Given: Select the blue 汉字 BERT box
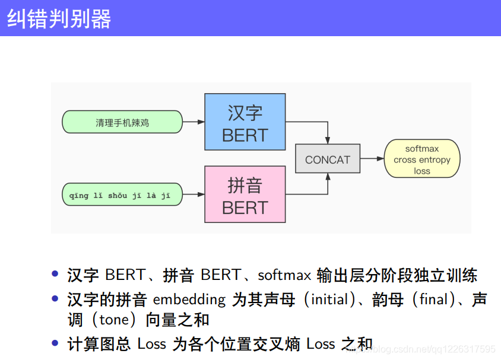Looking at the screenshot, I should click(245, 122).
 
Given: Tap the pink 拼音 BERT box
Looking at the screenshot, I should click(245, 194).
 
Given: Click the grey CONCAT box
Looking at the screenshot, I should click(328, 159).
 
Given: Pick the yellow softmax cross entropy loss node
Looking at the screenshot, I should click(422, 159).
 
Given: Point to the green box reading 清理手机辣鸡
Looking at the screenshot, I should click(122, 122).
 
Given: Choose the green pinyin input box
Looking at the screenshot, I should click(122, 195).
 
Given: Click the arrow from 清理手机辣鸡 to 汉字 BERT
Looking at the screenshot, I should click(193, 122).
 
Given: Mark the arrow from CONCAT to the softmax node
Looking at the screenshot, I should click(372, 159).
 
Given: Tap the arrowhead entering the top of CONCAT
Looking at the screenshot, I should click(328, 141).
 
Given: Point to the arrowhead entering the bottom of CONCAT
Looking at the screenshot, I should click(328, 177).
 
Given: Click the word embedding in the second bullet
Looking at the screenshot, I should click(189, 300).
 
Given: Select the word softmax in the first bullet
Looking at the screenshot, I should click(284, 276).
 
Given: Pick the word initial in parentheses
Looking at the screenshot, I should click(329, 300).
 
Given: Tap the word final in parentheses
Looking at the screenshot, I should click(432, 300).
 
